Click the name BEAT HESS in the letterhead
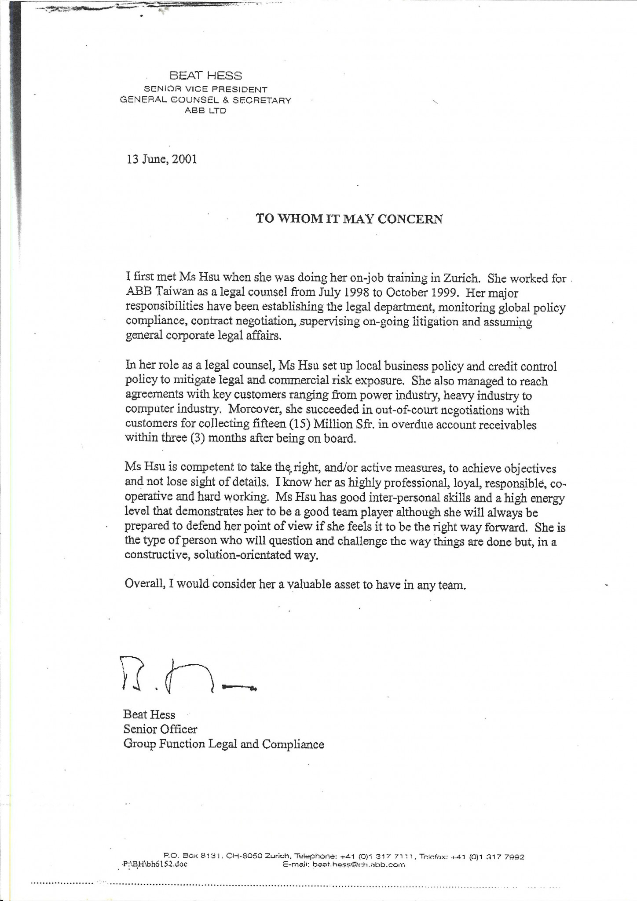tap(205, 76)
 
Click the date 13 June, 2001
tap(161, 159)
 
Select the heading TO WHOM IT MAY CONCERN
tap(349, 219)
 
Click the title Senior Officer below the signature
tap(160, 729)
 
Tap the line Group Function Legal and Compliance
tap(223, 744)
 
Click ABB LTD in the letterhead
tap(205, 110)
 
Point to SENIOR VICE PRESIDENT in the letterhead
tap(205, 89)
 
